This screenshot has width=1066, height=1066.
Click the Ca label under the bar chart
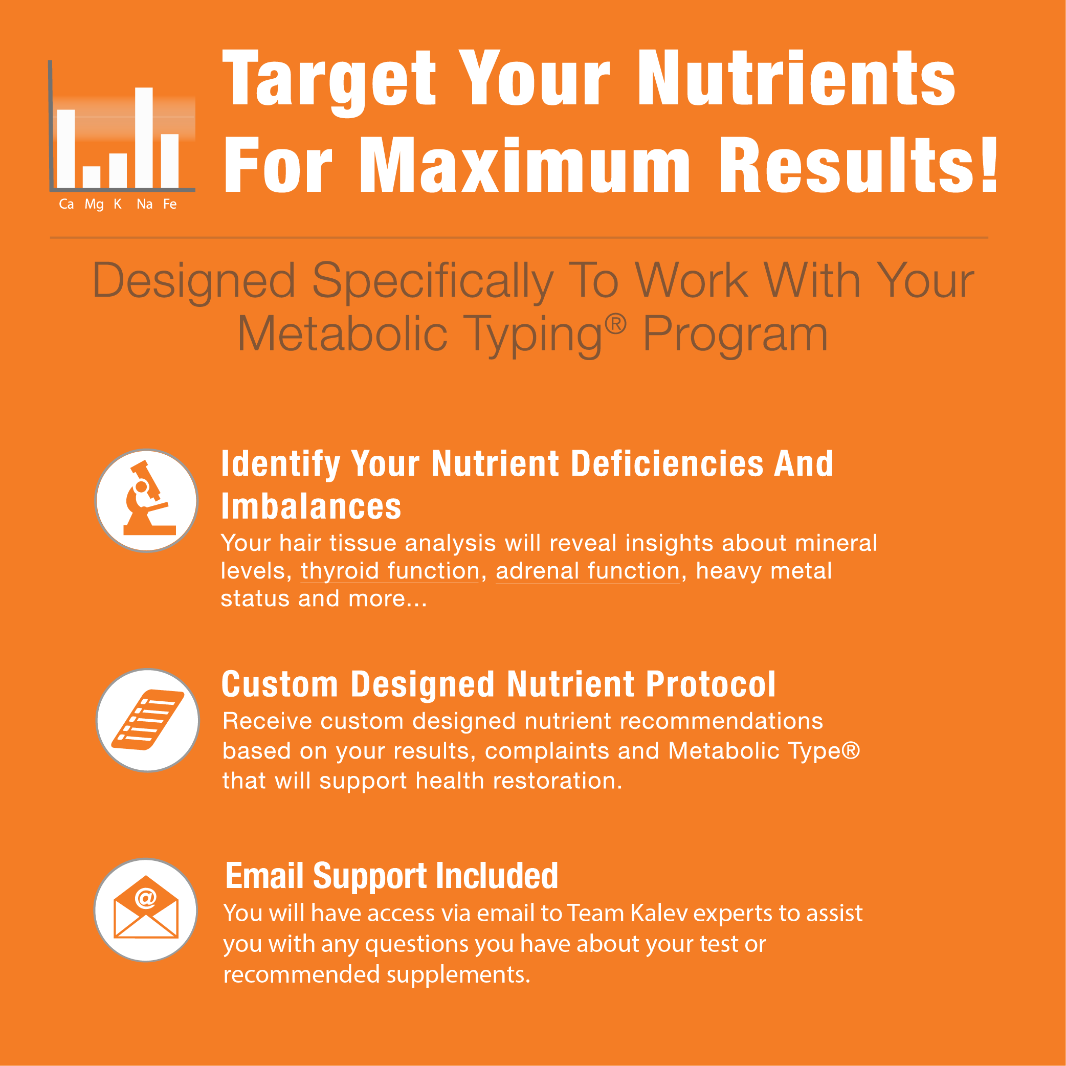pyautogui.click(x=66, y=204)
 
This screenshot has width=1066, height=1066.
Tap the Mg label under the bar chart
pyautogui.click(x=94, y=205)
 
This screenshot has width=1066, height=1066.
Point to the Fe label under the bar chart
pyautogui.click(x=170, y=204)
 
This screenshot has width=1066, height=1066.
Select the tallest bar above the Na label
pyautogui.click(x=144, y=138)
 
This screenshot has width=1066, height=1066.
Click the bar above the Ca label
pyautogui.click(x=66, y=149)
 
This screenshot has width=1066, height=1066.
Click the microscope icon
pyautogui.click(x=148, y=499)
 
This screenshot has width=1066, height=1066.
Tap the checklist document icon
pyautogui.click(x=148, y=720)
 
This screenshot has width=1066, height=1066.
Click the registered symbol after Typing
pyautogui.click(x=616, y=324)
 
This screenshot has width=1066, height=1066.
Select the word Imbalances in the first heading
pyautogui.click(x=311, y=506)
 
